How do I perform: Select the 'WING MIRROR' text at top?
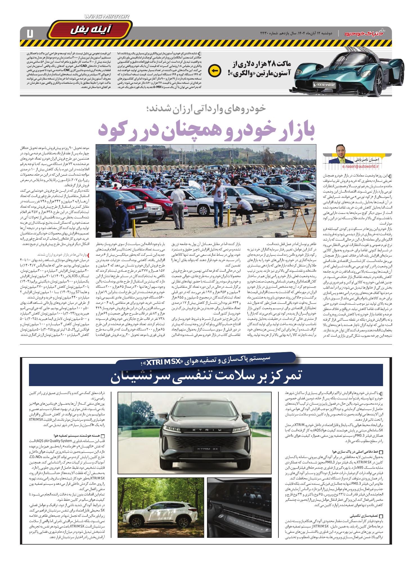(107, 17)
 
